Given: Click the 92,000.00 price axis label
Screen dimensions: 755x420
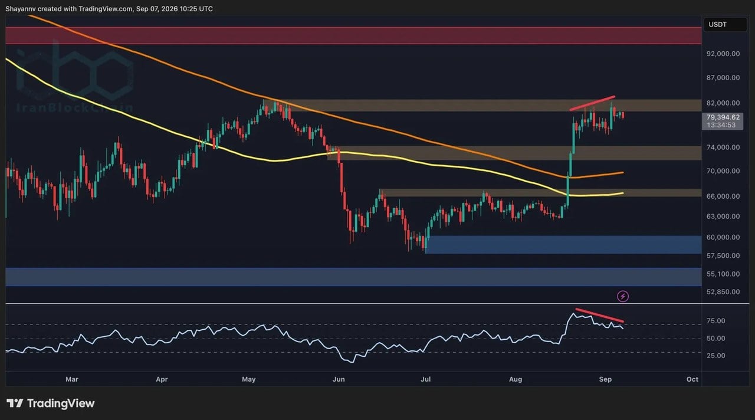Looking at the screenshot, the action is [723, 54].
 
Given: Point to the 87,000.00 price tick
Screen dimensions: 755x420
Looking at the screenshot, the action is [723, 78].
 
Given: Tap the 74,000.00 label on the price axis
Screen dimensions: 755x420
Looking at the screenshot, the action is [723, 147].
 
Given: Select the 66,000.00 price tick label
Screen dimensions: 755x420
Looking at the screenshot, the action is [723, 196].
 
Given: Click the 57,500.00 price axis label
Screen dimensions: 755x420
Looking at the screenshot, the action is [723, 256].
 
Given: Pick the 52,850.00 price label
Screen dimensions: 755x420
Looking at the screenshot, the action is [723, 292].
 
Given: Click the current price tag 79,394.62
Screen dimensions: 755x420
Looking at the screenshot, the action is [723, 117].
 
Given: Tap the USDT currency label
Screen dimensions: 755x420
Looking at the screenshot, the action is [718, 25].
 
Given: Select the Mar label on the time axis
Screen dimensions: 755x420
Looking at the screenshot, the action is [72, 379].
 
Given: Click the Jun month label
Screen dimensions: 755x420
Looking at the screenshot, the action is [339, 379].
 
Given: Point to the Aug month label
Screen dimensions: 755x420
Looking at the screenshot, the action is [516, 379].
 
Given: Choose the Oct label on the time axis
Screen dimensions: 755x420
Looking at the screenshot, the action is [692, 379].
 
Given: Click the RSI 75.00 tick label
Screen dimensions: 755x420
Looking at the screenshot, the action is [715, 321].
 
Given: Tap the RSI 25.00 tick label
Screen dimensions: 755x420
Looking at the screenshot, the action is [715, 356].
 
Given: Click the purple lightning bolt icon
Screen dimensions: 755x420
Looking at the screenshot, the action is [622, 296].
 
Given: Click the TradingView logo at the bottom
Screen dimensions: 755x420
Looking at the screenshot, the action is [51, 403].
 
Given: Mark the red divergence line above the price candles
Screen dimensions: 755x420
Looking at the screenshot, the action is [592, 103].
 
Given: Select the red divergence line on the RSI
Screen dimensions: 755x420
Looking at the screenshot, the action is [600, 315].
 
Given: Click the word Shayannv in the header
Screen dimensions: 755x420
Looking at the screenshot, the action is [20, 9].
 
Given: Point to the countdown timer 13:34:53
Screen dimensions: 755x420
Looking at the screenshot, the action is [721, 126].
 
